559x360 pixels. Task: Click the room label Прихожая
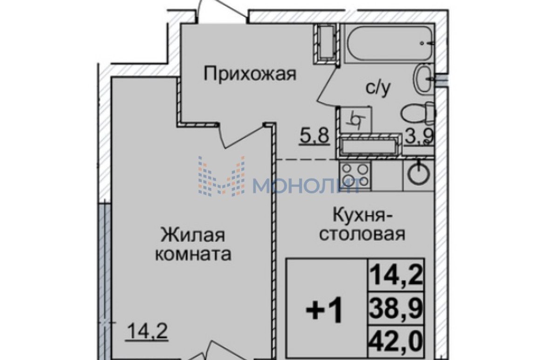pyautogui.click(x=250, y=74)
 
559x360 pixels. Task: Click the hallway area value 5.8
pyautogui.click(x=315, y=135)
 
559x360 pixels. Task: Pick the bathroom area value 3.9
pyautogui.click(x=420, y=136)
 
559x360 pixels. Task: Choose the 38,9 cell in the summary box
pyautogui.click(x=396, y=308)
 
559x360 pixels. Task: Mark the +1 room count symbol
pyautogui.click(x=324, y=310)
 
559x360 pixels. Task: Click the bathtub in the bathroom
pyautogui.click(x=389, y=43)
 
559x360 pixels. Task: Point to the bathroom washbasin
pyautogui.click(x=423, y=78)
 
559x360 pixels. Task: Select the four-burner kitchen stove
pyautogui.click(x=355, y=174)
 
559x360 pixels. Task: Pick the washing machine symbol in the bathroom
pyautogui.click(x=356, y=120)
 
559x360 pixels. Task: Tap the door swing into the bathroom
pyautogui.click(x=327, y=86)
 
